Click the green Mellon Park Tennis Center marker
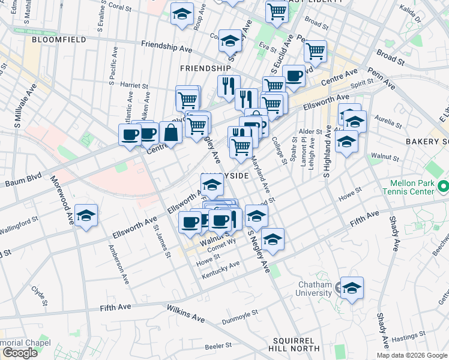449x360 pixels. coord(443,187)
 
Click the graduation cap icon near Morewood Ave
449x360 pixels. coord(86,217)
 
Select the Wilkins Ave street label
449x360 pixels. coord(186,313)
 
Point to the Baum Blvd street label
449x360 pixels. coord(22,180)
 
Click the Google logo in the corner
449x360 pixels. coord(19,352)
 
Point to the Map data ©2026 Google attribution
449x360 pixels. coord(411,355)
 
